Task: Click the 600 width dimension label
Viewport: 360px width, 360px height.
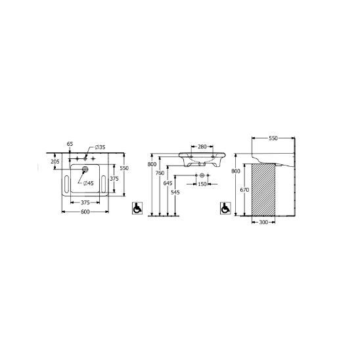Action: point(85,212)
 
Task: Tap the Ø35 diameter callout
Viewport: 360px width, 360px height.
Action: point(100,147)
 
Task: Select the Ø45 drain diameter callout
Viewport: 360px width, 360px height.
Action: point(89,183)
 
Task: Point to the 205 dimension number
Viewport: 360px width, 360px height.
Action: point(55,162)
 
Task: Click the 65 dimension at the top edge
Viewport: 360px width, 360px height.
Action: point(70,144)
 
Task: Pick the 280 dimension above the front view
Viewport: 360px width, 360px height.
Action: point(202,146)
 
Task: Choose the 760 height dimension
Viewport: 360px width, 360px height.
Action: point(160,173)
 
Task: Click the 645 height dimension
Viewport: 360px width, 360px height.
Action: point(168,183)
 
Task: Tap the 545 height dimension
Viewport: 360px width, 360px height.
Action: point(175,192)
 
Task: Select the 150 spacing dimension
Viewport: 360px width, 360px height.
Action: point(202,184)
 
